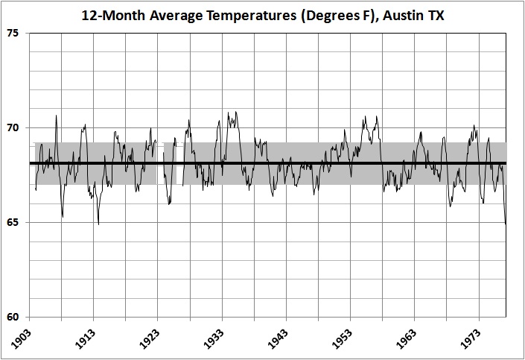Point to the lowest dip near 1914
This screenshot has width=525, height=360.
coord(98,224)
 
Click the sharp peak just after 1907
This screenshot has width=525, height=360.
coord(56,116)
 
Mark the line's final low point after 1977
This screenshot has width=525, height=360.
coord(506,223)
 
